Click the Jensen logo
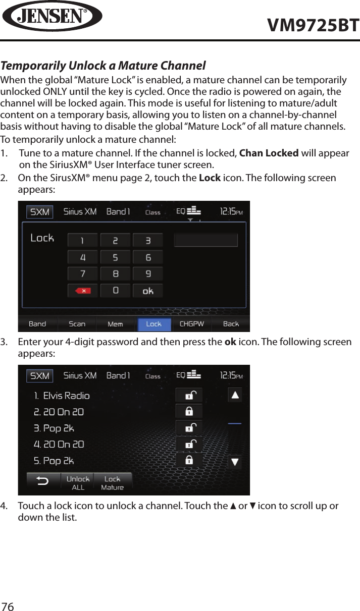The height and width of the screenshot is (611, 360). tap(52, 16)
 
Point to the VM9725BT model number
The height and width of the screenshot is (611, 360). tap(313, 25)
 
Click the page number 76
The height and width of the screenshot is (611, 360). tap(8, 606)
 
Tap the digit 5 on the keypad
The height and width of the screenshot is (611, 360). tap(115, 257)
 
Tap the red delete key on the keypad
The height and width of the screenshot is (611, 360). tap(82, 291)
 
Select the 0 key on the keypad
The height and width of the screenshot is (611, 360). tap(115, 291)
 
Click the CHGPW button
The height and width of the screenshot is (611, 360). tap(192, 324)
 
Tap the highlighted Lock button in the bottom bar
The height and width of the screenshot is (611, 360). tap(154, 324)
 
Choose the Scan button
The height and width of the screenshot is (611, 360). tap(77, 324)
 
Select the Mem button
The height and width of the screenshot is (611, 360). tap(115, 324)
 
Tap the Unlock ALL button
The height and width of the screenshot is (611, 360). tap(78, 483)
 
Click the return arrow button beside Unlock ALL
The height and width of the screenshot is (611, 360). tap(43, 481)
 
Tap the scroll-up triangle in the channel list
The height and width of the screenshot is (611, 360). tap(235, 395)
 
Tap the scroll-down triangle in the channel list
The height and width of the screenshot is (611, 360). tap(235, 462)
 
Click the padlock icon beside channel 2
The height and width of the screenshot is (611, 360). tap(189, 411)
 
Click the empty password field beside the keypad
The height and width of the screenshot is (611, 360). tap(205, 240)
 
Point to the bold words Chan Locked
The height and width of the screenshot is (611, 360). tap(268, 153)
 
